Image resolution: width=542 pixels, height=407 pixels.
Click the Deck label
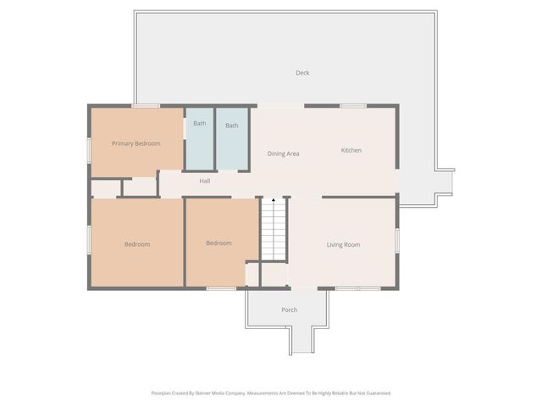pyautogui.click(x=302, y=73)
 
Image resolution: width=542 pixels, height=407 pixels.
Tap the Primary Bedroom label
pyautogui.click(x=136, y=143)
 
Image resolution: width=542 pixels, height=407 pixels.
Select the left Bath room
pyautogui.click(x=199, y=139)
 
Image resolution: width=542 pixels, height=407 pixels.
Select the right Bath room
pyautogui.click(x=232, y=139)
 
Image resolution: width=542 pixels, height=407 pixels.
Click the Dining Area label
pyautogui.click(x=283, y=153)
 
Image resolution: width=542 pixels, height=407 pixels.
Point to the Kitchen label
pyautogui.click(x=351, y=150)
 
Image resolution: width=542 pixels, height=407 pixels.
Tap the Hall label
pyautogui.click(x=205, y=181)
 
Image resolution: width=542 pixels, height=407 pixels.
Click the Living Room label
pyautogui.click(x=343, y=245)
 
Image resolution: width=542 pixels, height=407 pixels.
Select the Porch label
pyautogui.click(x=289, y=309)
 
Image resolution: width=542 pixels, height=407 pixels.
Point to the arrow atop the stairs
pyautogui.click(x=273, y=200)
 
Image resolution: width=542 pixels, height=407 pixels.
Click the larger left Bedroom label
pyautogui.click(x=136, y=244)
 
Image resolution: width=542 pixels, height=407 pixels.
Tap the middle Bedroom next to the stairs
pyautogui.click(x=218, y=243)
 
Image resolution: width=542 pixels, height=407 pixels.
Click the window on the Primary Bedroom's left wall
pyautogui.click(x=89, y=149)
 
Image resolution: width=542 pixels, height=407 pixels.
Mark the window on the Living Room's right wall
pyautogui.click(x=396, y=239)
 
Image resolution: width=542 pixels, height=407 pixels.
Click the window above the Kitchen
pyautogui.click(x=352, y=106)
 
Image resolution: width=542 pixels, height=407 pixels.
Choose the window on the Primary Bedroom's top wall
pyautogui.click(x=145, y=106)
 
